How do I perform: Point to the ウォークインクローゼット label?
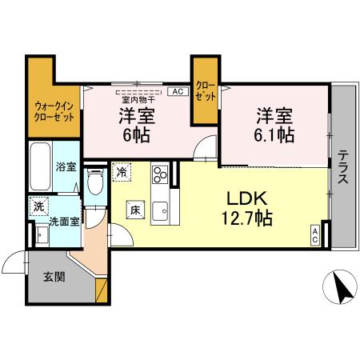coord(54,110)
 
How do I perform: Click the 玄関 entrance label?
coord(54,278)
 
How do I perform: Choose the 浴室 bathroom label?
coord(66,167)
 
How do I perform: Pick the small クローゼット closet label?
coord(205,90)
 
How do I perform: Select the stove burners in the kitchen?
coord(158,173)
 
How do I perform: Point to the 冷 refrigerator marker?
coord(122,171)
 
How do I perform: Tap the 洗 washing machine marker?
coord(38,206)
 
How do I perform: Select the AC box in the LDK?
coord(315,235)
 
